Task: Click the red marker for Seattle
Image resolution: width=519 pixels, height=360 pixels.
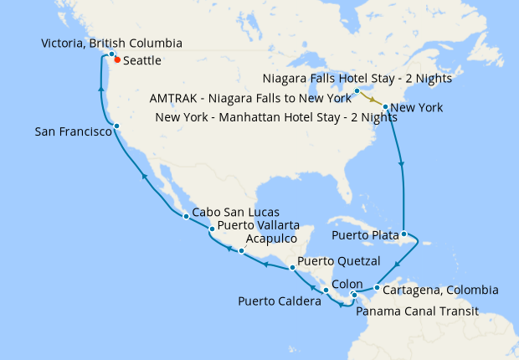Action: click(117, 59)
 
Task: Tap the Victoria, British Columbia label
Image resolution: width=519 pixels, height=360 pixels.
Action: click(111, 43)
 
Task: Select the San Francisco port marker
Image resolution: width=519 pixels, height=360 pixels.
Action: click(116, 126)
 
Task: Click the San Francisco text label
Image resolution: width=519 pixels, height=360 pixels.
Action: click(73, 131)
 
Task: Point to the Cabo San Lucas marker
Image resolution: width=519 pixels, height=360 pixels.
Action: click(186, 217)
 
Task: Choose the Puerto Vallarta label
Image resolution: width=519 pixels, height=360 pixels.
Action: click(258, 225)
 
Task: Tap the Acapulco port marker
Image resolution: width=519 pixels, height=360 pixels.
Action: click(241, 250)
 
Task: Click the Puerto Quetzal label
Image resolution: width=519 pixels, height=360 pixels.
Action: click(339, 260)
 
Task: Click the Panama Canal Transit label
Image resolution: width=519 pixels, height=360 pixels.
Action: click(417, 311)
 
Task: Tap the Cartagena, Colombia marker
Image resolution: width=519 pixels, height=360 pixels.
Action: click(377, 289)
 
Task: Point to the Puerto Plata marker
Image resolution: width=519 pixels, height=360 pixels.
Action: click(403, 234)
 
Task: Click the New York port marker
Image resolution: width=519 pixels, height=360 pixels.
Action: click(384, 107)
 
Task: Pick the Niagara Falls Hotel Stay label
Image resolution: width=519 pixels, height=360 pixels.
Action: click(357, 79)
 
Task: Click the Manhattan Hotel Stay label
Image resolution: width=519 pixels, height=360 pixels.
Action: click(275, 116)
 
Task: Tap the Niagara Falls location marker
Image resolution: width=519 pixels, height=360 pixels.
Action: click(357, 90)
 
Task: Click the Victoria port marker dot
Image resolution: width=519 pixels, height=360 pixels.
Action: click(111, 54)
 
